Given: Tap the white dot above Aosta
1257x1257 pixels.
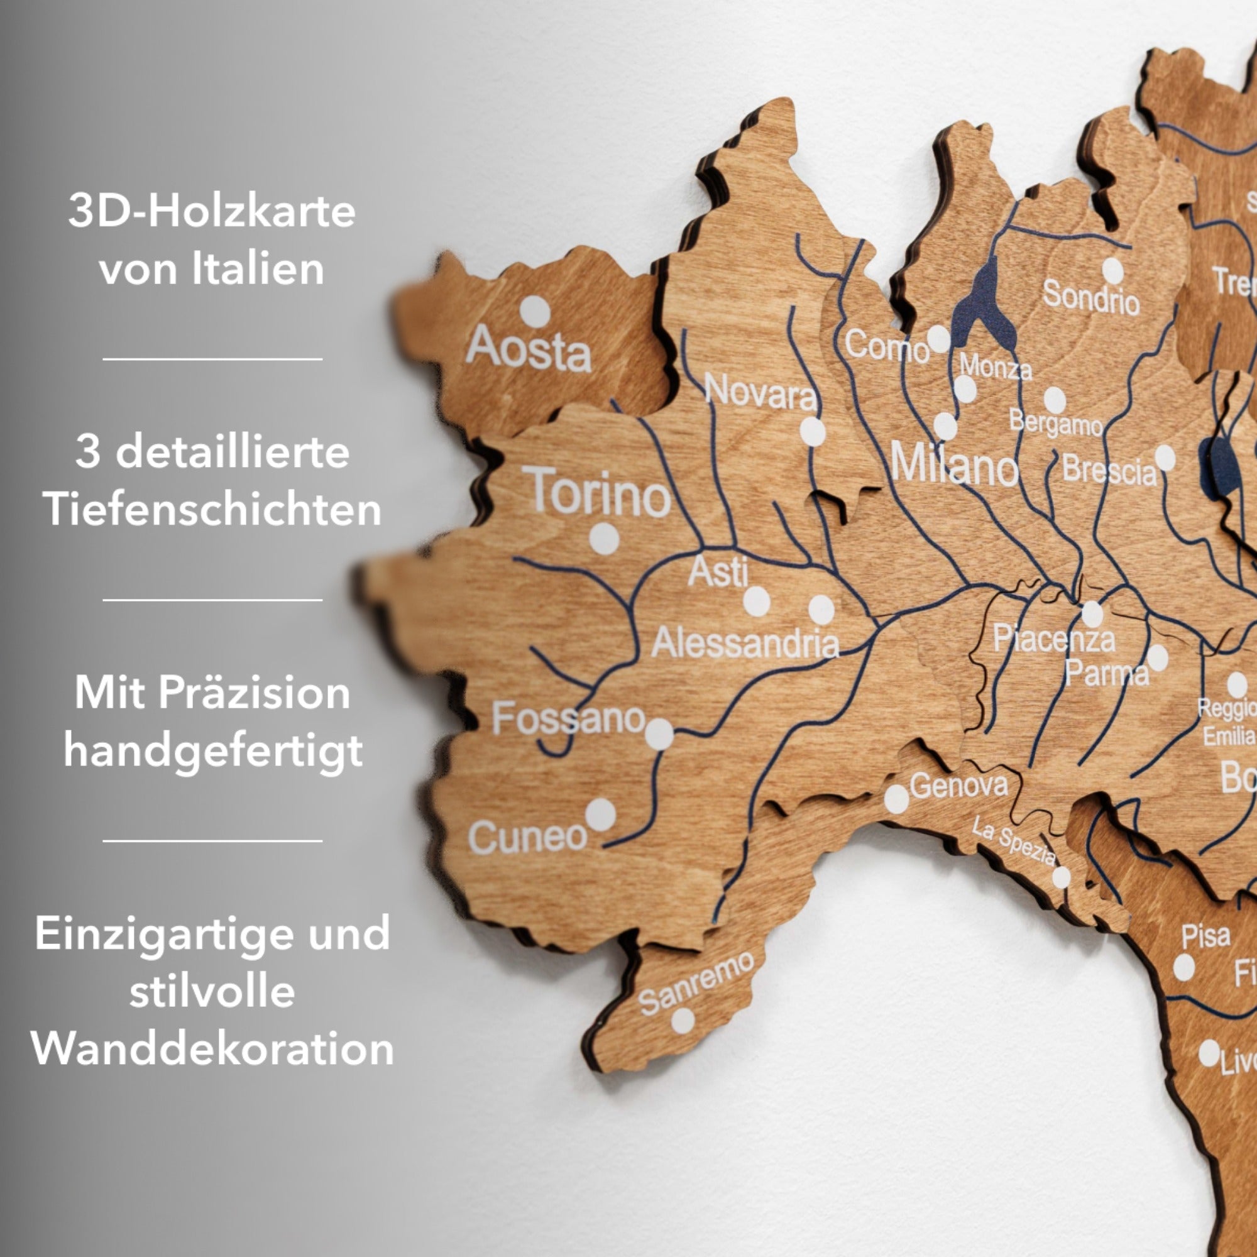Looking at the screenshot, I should click(535, 311).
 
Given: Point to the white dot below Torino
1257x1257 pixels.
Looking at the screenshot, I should click(604, 539).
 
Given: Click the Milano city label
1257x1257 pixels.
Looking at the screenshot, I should click(953, 464).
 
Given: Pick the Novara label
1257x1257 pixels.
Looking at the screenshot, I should click(760, 392).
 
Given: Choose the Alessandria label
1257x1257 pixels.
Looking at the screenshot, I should click(745, 643).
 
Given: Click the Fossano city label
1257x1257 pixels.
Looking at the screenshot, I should click(568, 718).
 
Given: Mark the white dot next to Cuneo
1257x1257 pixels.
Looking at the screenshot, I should click(600, 815).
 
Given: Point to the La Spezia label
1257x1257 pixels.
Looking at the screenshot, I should click(1014, 842).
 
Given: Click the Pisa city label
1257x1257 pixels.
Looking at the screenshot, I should click(1205, 936).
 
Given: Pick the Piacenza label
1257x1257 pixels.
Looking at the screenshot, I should click(1053, 639).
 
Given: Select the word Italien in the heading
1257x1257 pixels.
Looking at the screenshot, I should click(258, 268).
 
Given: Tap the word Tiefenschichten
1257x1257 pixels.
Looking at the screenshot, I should click(212, 509).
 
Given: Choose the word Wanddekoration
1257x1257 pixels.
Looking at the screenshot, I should click(212, 1049).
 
